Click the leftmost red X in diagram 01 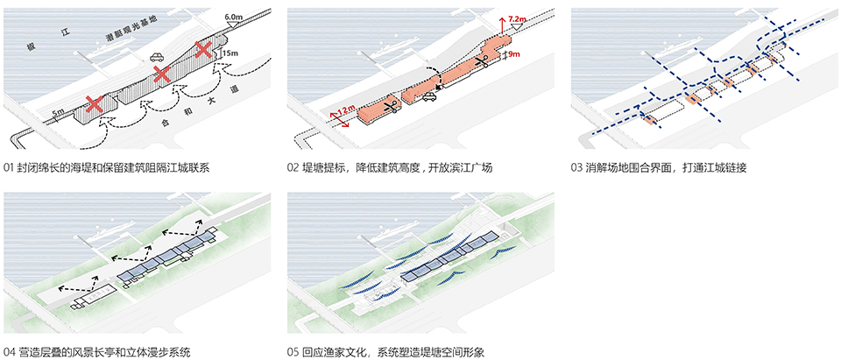[94, 104]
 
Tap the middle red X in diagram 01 [161, 75]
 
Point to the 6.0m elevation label [234, 18]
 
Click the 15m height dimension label [230, 54]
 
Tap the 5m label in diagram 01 [57, 112]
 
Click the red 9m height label [513, 54]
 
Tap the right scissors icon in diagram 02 [481, 62]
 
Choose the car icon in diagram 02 [430, 98]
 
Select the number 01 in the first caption [9, 167]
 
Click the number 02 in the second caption [293, 167]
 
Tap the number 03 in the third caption [576, 167]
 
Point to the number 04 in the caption [9, 352]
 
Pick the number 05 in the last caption [293, 352]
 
